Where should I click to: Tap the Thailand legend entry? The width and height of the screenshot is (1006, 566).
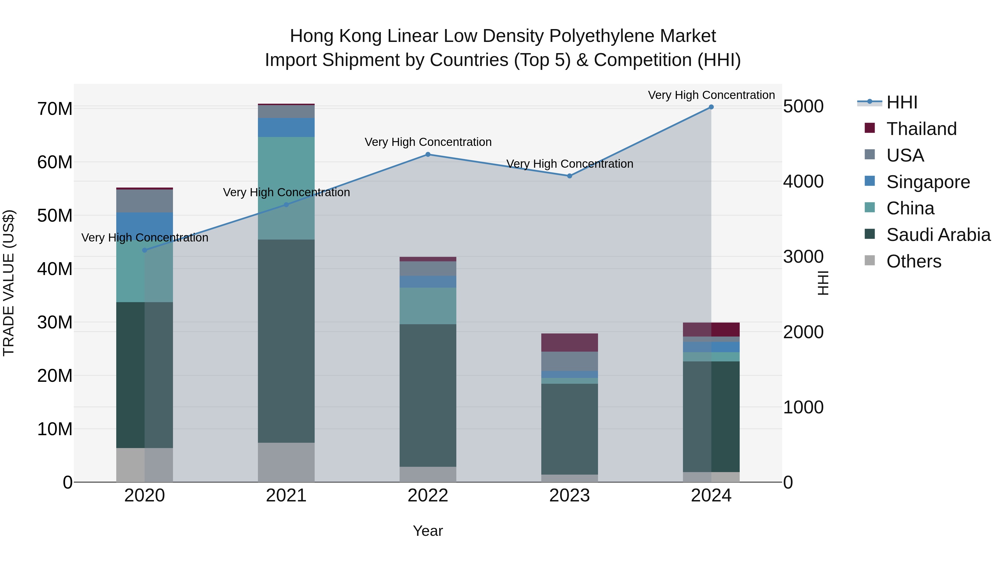tap(921, 129)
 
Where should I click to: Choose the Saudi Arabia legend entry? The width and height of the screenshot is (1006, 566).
tap(938, 235)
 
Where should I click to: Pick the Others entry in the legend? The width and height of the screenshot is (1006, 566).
tap(914, 261)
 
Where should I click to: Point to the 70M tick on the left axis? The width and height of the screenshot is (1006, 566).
tap(55, 109)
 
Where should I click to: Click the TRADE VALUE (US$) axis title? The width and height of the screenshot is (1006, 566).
tap(9, 283)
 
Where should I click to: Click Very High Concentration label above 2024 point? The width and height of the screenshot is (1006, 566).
tap(711, 95)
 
